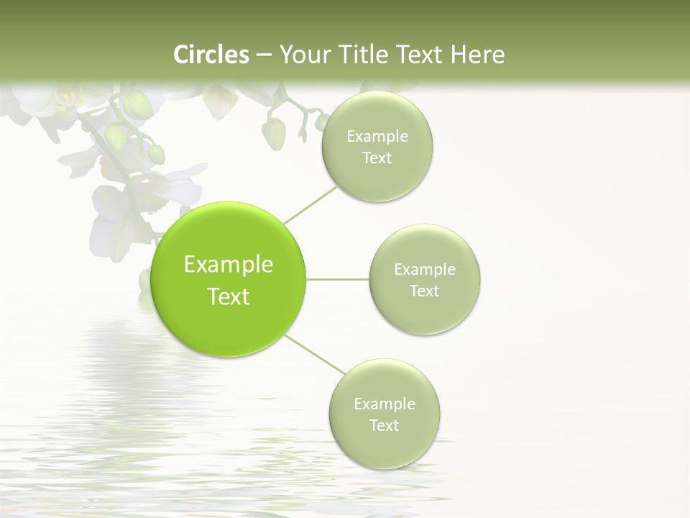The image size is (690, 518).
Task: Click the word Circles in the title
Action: click(x=211, y=55)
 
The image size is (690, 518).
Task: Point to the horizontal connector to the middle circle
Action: click(x=338, y=279)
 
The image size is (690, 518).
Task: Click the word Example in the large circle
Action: click(x=229, y=265)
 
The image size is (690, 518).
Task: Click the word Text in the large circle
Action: click(x=229, y=296)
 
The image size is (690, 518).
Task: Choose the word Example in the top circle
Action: click(x=377, y=137)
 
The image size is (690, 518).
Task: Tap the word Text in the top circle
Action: click(x=377, y=158)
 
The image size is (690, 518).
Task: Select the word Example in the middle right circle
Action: click(x=425, y=270)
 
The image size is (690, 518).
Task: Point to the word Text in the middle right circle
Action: click(x=425, y=291)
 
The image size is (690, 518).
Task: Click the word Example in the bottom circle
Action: click(x=385, y=404)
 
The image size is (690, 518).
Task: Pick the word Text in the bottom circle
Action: click(x=385, y=426)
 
